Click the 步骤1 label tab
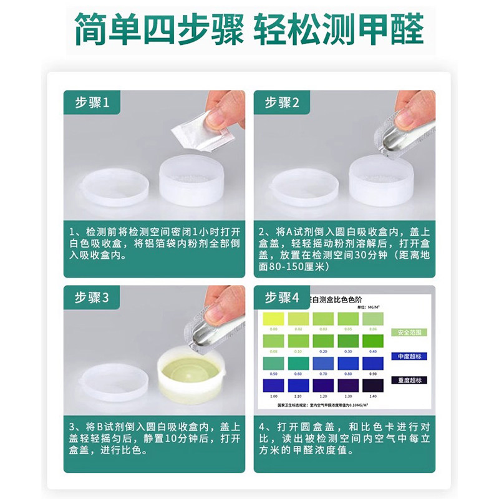92,104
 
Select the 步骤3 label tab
92,298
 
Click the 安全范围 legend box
405,332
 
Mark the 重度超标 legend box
405,379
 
